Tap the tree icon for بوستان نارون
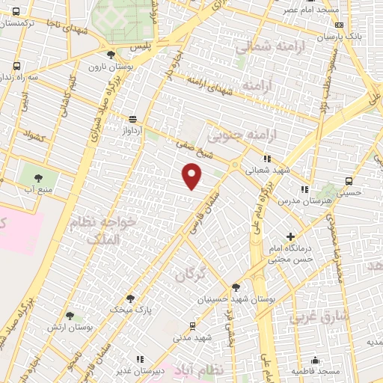[111, 55]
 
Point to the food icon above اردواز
[132, 118]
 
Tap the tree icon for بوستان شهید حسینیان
[236, 287]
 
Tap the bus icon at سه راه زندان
[16, 66]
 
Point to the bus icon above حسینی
[349, 181]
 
